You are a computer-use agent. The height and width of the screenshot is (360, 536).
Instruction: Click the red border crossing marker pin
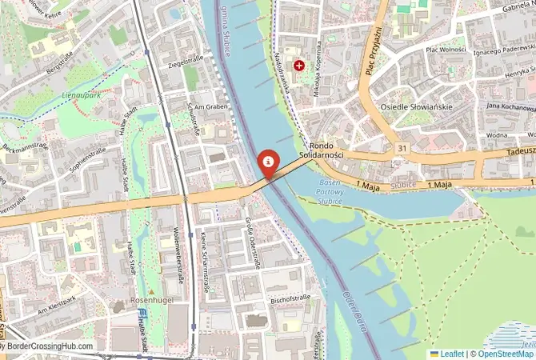click(269, 163)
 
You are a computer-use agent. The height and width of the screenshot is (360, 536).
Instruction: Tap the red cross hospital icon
click(299, 65)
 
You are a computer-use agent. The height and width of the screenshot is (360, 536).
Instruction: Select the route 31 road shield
click(402, 149)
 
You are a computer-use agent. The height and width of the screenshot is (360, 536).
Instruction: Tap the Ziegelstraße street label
click(185, 60)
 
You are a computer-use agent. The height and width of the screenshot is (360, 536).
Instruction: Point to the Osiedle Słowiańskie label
click(416, 107)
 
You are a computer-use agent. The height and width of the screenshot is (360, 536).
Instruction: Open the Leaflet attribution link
click(451, 354)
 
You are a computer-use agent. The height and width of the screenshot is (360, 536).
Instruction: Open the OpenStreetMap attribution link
click(504, 354)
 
